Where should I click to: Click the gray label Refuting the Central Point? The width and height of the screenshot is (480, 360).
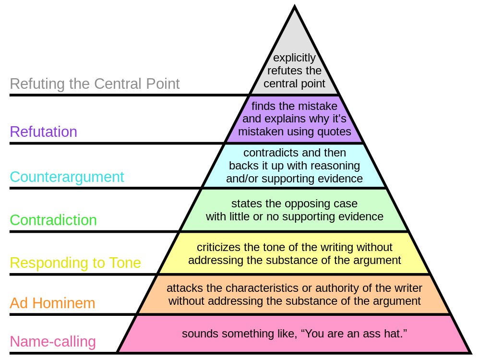click(x=95, y=84)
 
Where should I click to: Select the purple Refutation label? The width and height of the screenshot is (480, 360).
click(x=43, y=132)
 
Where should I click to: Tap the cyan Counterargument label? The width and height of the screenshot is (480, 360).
click(x=67, y=177)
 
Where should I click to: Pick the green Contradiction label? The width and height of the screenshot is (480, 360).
click(x=53, y=220)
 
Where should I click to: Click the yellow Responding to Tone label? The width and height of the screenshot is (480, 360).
click(x=75, y=263)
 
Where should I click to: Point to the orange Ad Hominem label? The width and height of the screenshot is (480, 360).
click(x=52, y=303)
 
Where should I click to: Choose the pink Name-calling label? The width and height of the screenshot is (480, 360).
click(x=53, y=342)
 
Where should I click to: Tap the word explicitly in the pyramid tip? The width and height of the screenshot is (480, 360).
click(x=294, y=58)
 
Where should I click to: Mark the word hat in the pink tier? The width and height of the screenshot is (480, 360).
click(x=396, y=334)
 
